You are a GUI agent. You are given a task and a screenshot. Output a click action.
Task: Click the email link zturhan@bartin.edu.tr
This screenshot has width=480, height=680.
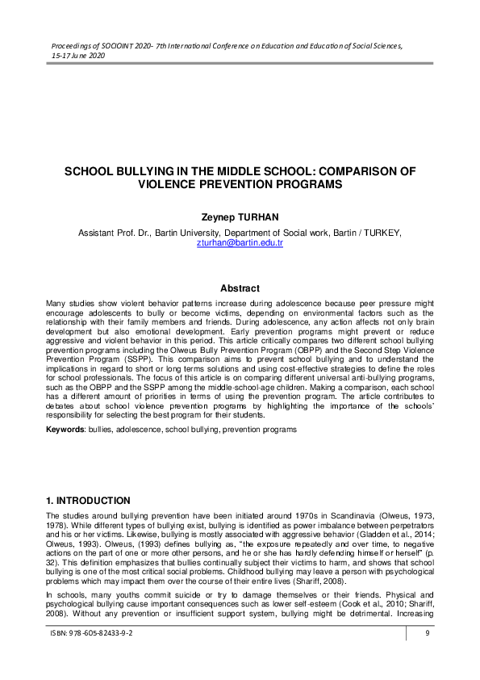pyautogui.click(x=240, y=242)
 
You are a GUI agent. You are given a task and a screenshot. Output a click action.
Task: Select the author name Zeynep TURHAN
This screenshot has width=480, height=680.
pyautogui.click(x=240, y=216)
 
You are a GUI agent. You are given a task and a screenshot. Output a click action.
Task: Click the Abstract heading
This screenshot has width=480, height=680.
pyautogui.click(x=240, y=288)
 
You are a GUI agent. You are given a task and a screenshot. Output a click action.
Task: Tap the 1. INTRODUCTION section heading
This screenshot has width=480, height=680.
pyautogui.click(x=88, y=501)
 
